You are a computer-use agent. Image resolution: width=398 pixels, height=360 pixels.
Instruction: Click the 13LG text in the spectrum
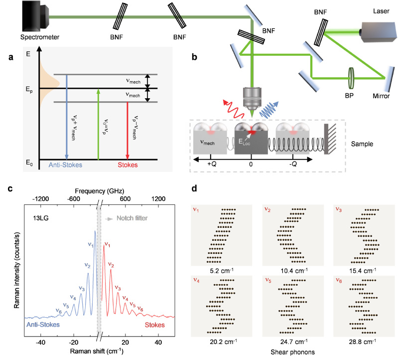(35, 217)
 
